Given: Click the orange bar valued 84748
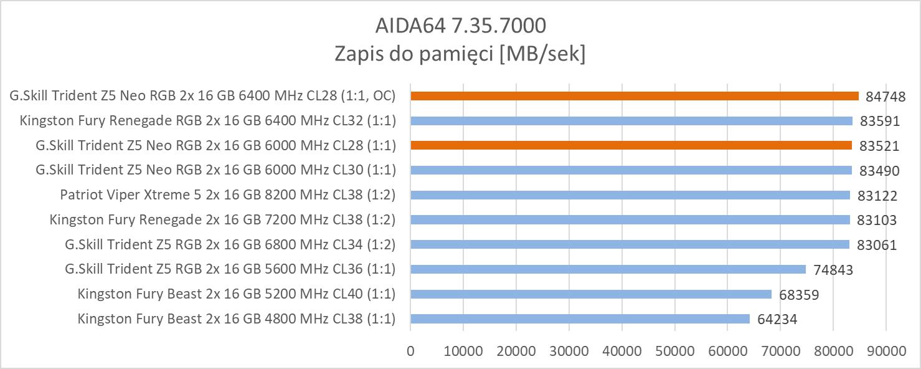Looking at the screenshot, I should coord(634,96).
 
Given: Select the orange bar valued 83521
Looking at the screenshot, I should coord(631,145).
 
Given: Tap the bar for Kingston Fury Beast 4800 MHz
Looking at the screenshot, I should coord(580,319).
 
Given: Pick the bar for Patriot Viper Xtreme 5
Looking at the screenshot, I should coord(630,195).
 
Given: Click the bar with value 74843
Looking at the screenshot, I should coord(608,269).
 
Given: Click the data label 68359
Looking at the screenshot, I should coord(798,295).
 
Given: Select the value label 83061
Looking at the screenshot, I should coord(877,245).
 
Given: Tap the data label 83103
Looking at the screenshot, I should coord(877,220).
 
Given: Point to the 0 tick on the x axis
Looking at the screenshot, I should coord(410,351).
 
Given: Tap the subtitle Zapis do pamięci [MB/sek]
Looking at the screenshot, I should coord(460,54).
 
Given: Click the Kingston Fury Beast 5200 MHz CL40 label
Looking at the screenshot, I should coord(237,294).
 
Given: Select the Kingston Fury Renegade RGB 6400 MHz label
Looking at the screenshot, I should coord(208,120).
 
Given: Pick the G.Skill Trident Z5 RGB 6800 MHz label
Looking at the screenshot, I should coord(230,244).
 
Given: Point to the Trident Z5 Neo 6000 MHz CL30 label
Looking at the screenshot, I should coord(216,170).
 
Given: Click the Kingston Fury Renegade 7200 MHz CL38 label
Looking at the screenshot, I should coord(222,219).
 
